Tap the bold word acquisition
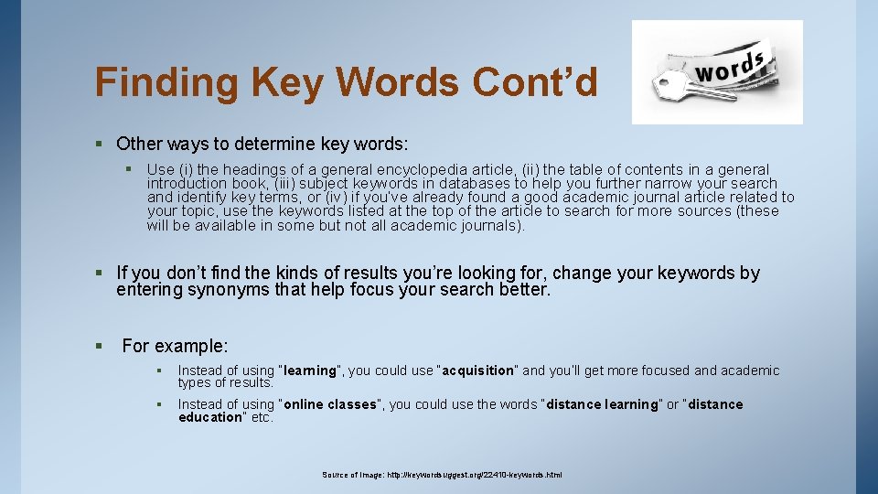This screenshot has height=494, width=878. pyautogui.click(x=479, y=370)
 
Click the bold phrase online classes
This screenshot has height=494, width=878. pyautogui.click(x=330, y=404)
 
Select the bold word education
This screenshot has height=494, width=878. pyautogui.click(x=209, y=417)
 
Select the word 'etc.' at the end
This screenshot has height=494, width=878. pyautogui.click(x=262, y=417)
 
